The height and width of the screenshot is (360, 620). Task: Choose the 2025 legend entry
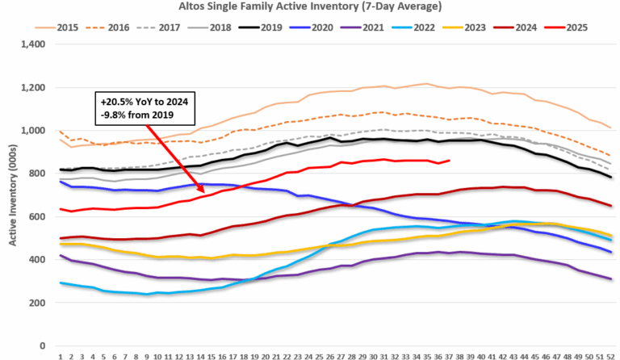pyautogui.click(x=575, y=27)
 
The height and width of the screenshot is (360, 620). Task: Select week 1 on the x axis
pyautogui.click(x=61, y=355)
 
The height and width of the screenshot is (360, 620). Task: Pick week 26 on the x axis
pyautogui.click(x=330, y=355)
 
